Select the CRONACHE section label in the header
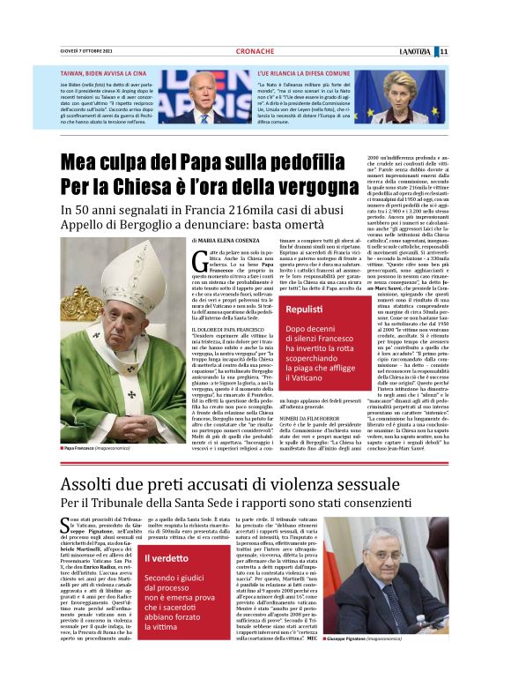coord(255,51)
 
